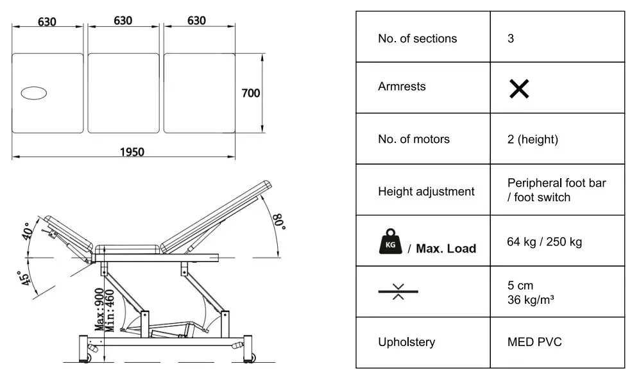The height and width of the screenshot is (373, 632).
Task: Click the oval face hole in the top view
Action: [34, 94]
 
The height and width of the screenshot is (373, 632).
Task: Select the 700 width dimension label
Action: [250, 94]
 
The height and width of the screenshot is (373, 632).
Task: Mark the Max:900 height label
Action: [100, 310]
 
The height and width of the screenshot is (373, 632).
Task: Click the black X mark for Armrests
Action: [518, 89]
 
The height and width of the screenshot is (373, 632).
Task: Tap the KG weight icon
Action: [389, 244]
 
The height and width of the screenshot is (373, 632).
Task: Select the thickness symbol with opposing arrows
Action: [398, 292]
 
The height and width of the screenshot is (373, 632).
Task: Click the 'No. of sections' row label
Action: [417, 38]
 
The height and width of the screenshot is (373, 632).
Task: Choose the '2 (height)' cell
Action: [533, 139]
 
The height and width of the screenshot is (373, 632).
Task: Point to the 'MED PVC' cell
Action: [534, 342]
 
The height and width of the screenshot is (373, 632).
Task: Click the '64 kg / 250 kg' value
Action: [545, 242]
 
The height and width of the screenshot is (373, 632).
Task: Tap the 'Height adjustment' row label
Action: [426, 191]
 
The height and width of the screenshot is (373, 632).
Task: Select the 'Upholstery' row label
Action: [406, 342]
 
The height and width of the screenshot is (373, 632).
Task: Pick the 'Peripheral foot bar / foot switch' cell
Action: [556, 190]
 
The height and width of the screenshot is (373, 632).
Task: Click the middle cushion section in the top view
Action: [123, 93]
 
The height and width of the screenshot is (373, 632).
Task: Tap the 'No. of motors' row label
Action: [413, 139]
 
